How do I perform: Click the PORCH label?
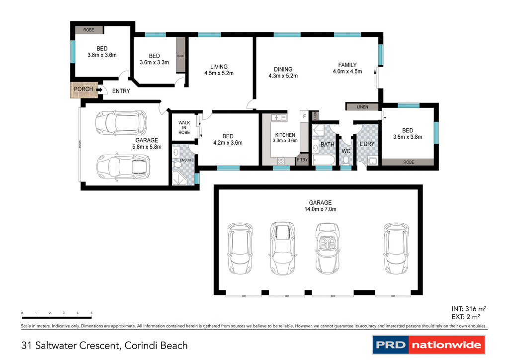coord(83,90)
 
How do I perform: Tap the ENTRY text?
coord(121,91)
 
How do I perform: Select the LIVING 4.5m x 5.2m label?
coord(219,70)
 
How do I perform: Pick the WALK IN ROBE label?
coord(184,127)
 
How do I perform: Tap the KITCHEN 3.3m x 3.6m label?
coord(285,138)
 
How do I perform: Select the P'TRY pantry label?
coord(302,160)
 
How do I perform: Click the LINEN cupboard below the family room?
coord(362,107)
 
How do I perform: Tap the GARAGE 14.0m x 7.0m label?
coord(320,206)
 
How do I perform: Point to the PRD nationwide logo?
coord(428,345)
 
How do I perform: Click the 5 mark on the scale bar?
coord(91,313)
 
